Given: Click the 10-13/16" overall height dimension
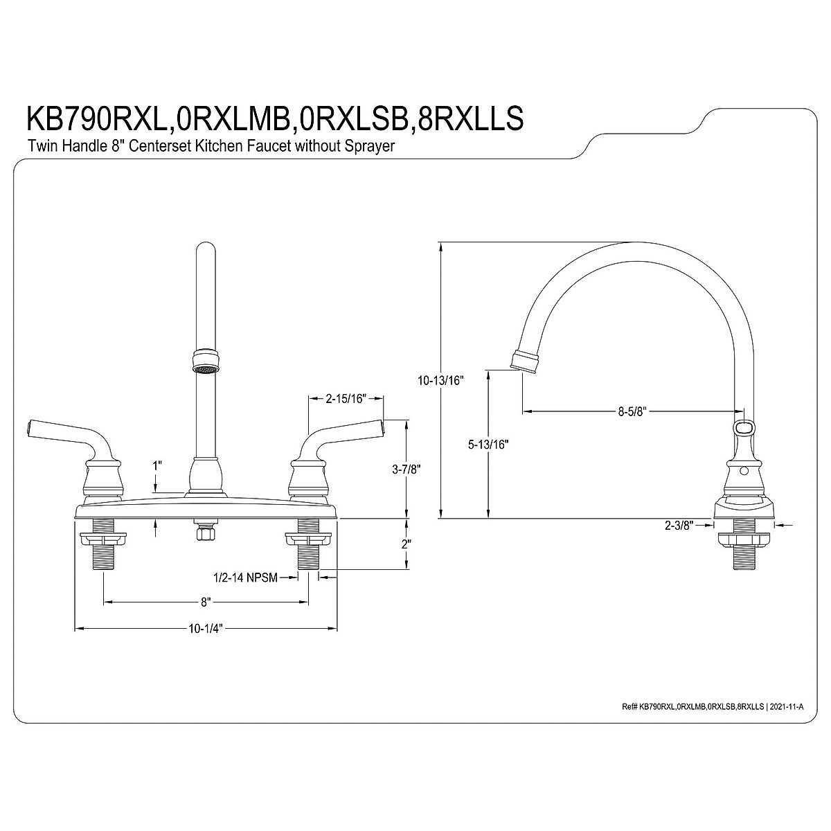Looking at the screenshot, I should tap(440, 379).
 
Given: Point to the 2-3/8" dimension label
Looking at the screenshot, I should tap(678, 526).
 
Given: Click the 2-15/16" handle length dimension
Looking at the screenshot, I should tap(346, 398).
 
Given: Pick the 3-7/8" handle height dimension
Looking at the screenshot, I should tap(406, 469).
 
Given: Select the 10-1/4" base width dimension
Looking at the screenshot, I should tap(206, 629).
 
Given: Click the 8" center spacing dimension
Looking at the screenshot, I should tap(205, 602).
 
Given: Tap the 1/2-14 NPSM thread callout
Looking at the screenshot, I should tap(246, 578).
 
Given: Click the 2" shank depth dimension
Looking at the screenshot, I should tap(406, 544).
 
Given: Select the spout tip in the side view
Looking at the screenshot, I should tap(524, 362).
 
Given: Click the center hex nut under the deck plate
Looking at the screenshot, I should tap(204, 532).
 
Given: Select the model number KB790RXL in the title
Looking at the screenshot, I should tap(96, 118).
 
